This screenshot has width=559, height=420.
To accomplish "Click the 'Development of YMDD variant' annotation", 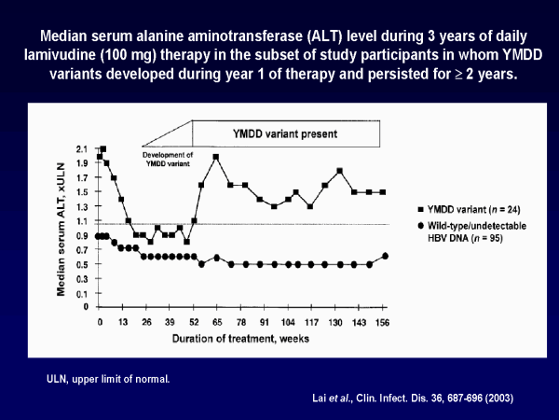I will coord(167,157).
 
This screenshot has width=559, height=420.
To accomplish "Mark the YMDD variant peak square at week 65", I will coord(216,157).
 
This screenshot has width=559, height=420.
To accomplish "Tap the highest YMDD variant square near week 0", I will coord(103,149).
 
